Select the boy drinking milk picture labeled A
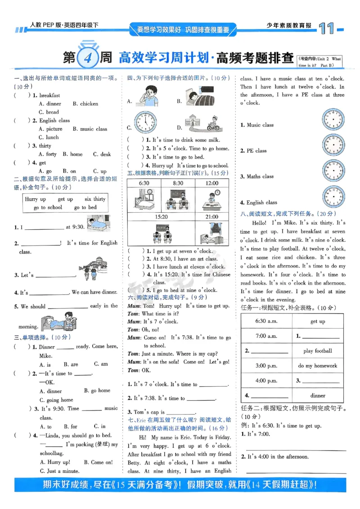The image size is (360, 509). tap(147, 96)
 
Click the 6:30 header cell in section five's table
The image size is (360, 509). tap(144, 183)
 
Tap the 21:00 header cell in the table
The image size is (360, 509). tap(211, 216)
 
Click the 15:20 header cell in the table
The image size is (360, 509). tap(161, 216)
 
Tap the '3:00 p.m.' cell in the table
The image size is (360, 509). tap(266, 366)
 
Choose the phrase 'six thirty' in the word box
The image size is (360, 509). tap(95, 199)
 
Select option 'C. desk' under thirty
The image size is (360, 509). tap(102, 154)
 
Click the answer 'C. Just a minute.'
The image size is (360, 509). tap(59, 471)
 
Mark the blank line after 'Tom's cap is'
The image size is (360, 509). tap(181, 413)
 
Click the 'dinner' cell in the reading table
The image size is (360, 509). tap(318, 396)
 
